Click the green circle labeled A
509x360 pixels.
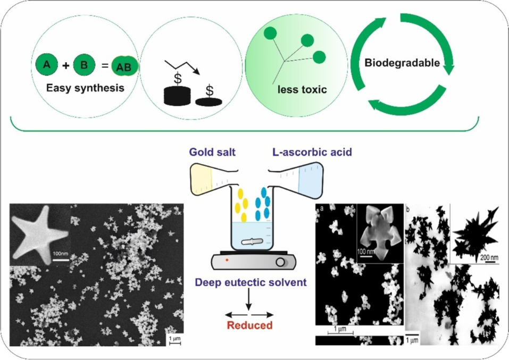(46, 65)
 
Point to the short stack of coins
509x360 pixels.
(210, 102)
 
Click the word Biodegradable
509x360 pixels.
(402, 63)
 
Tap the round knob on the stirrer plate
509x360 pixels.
(280, 262)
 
